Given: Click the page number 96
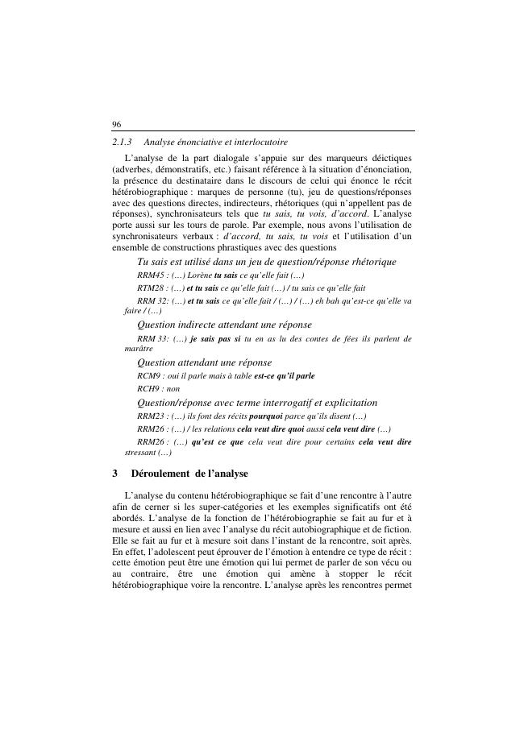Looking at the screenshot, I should click(x=117, y=124).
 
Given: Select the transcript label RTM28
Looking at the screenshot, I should click(x=151, y=288).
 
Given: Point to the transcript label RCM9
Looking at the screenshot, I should click(x=148, y=376).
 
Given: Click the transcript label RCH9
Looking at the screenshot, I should click(x=148, y=388).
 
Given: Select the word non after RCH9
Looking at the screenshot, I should click(x=173, y=388).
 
